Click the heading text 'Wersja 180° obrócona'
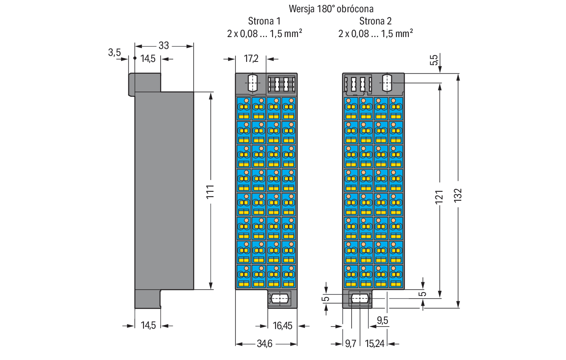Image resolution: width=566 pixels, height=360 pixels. point(331,9)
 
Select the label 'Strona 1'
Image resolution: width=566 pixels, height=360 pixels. point(264,21)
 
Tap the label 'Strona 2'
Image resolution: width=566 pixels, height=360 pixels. point(375,21)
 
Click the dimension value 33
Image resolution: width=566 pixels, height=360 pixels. point(163,46)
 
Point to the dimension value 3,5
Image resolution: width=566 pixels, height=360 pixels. point(115,53)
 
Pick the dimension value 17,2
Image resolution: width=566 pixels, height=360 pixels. point(251,59)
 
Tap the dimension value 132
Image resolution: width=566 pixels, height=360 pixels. point(458,195)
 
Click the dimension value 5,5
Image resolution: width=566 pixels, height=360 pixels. point(434,60)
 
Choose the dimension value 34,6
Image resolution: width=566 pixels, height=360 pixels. point(264,344)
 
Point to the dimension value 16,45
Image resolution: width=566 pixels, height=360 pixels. point(282,326)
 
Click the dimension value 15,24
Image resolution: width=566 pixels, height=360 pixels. point(374,344)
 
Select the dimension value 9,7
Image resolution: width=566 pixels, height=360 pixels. point(350,344)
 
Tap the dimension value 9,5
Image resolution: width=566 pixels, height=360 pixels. point(382,320)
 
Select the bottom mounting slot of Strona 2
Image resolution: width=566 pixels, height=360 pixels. point(360,299)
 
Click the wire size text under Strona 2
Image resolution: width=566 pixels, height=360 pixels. point(375,33)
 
